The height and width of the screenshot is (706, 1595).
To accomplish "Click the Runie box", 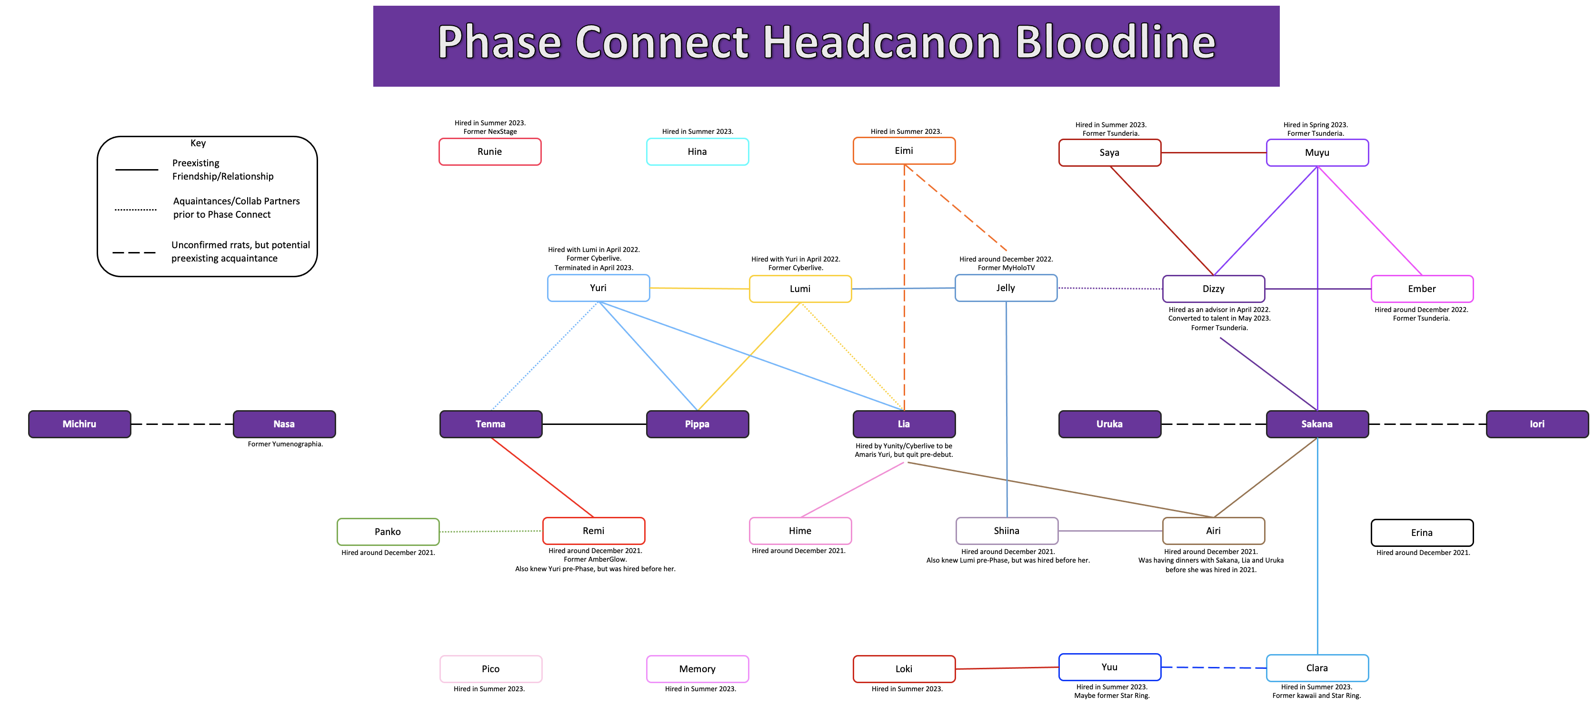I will [490, 151].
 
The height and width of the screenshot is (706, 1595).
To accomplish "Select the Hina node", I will [697, 151].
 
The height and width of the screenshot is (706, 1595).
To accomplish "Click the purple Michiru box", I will [79, 424].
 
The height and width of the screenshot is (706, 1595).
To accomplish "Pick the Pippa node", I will [697, 424].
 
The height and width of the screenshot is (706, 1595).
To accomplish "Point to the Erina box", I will [1422, 533].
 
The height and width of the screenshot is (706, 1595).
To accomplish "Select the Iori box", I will [1537, 424].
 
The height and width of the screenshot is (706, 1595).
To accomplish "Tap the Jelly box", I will [1006, 288].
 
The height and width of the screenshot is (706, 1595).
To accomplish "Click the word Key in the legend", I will [198, 143].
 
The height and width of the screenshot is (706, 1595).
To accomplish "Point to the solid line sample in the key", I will [136, 170].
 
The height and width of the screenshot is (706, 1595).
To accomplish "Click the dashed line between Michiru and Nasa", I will [182, 424].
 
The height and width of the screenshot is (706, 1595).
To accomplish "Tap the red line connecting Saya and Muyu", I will [1214, 152].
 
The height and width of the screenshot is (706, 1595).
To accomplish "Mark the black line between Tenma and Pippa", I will [594, 424].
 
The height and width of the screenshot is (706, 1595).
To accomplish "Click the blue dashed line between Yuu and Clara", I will [1214, 667].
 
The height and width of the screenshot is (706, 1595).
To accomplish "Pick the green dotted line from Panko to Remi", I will [490, 531].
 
